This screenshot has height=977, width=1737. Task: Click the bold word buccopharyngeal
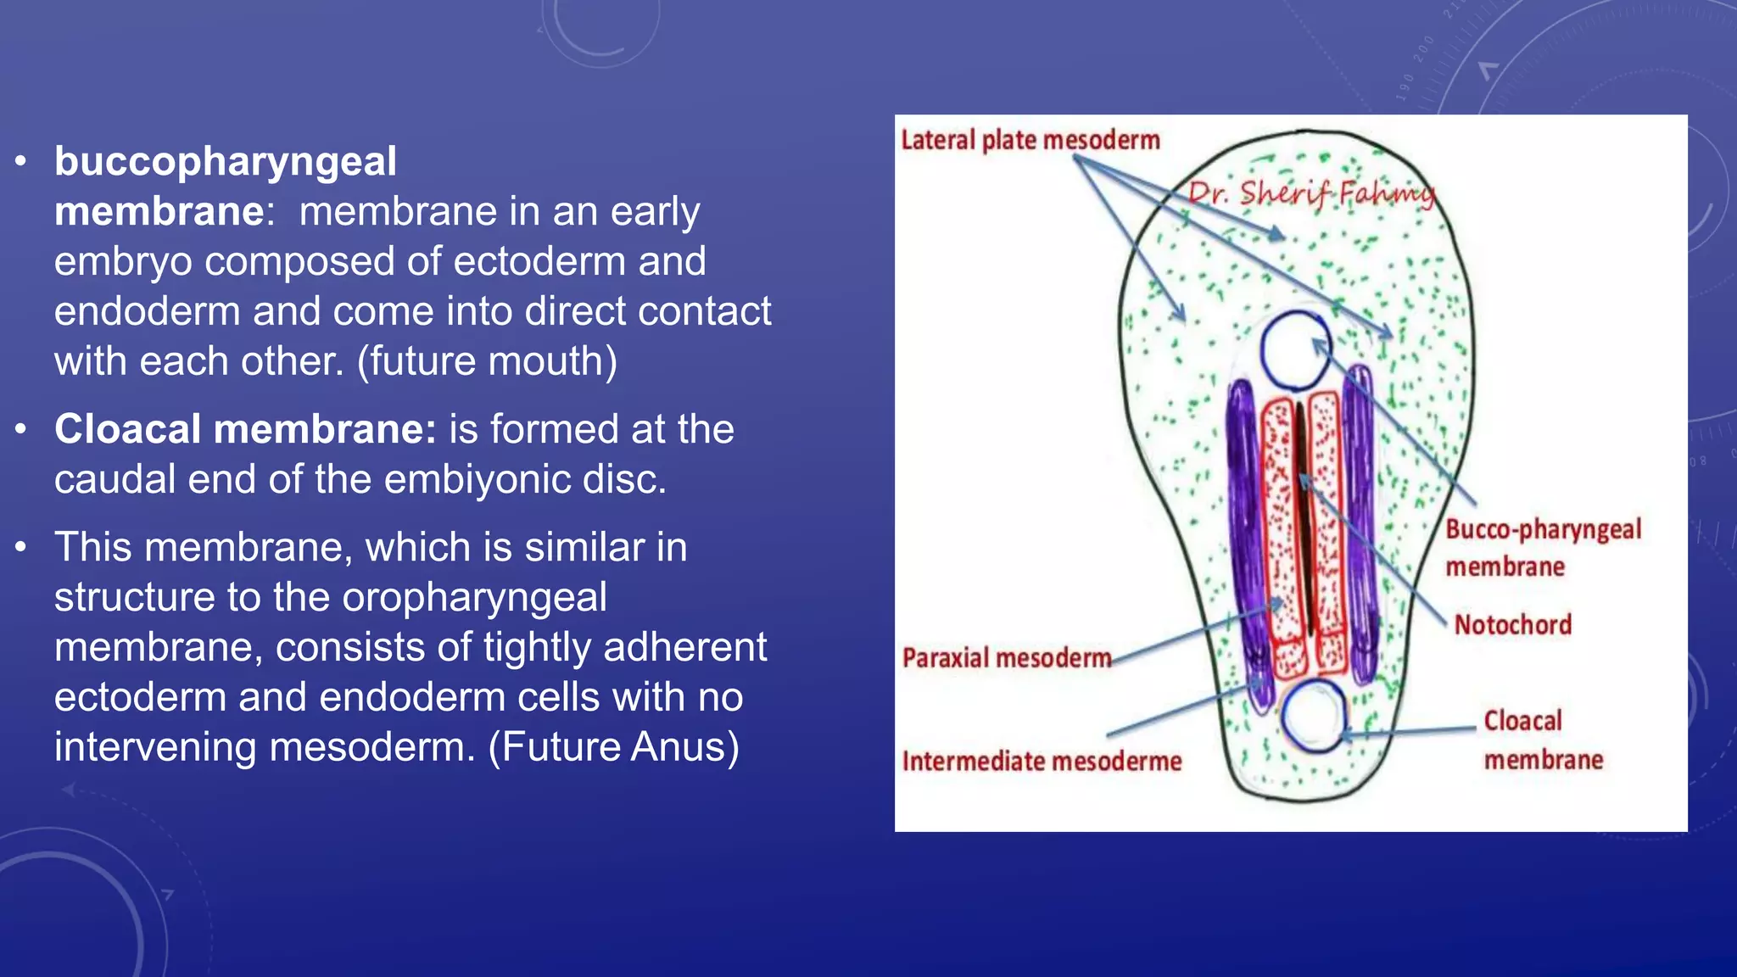tap(225, 162)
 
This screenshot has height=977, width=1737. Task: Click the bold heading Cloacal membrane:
tap(245, 429)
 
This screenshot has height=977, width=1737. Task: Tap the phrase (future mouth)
tap(487, 361)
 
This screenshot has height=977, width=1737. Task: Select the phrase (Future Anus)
tap(614, 747)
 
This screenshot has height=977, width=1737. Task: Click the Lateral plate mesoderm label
tap(1030, 140)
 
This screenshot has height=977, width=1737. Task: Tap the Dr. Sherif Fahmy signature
tap(1310, 194)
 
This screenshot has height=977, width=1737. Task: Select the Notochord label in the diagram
tap(1512, 625)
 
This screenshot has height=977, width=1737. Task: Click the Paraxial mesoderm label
tap(1006, 658)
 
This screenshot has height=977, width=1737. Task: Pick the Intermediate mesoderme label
tap(1042, 762)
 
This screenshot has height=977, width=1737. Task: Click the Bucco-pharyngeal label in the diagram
tap(1543, 530)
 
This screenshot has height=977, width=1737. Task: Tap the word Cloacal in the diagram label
tap(1522, 721)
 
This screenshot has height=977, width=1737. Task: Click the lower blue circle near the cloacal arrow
tap(1313, 715)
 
